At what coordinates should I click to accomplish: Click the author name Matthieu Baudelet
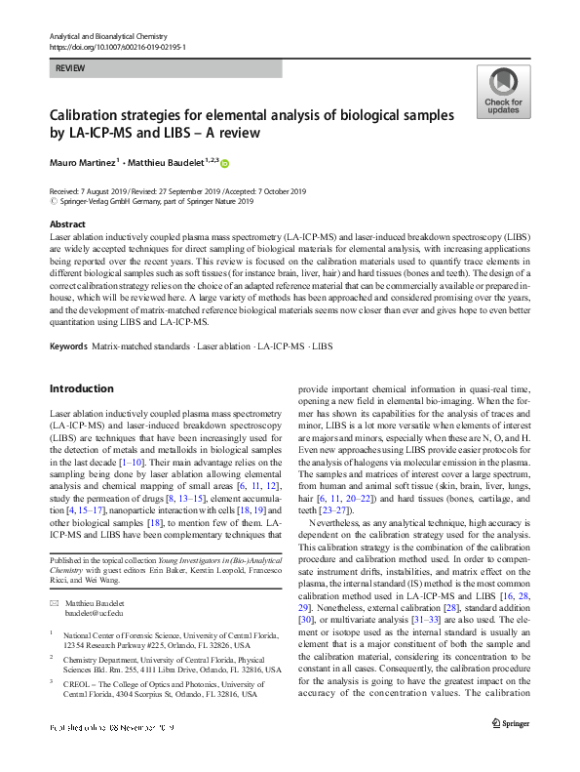point(169,162)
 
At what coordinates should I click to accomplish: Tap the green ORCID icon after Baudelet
point(224,163)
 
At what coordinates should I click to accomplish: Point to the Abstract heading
point(65,223)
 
